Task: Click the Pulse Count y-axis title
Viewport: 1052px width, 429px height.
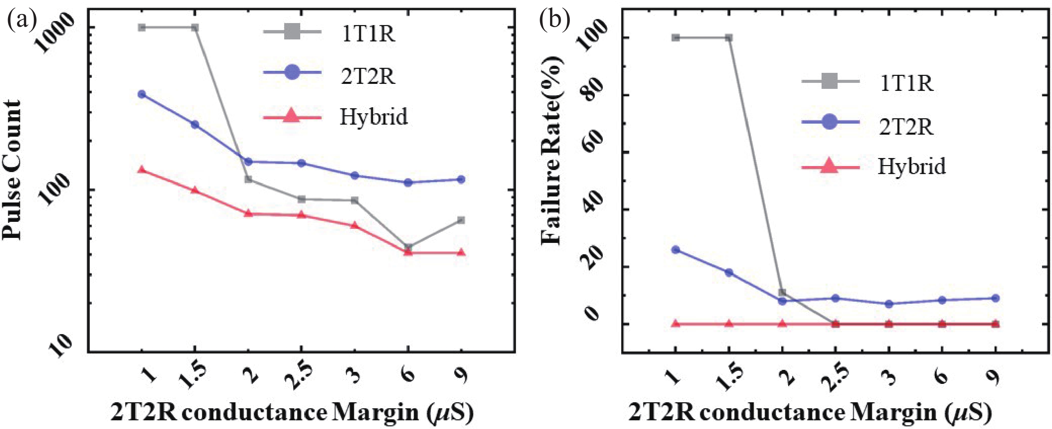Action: tap(12, 169)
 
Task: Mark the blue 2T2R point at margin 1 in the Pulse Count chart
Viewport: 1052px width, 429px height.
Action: tap(142, 94)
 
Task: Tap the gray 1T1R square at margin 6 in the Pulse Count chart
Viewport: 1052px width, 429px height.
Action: tap(408, 247)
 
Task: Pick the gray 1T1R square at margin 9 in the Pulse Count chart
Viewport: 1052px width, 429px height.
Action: tap(461, 220)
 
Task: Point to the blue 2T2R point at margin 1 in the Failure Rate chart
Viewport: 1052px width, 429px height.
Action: tap(676, 250)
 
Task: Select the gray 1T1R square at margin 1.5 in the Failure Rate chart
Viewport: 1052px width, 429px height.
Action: tap(729, 38)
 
